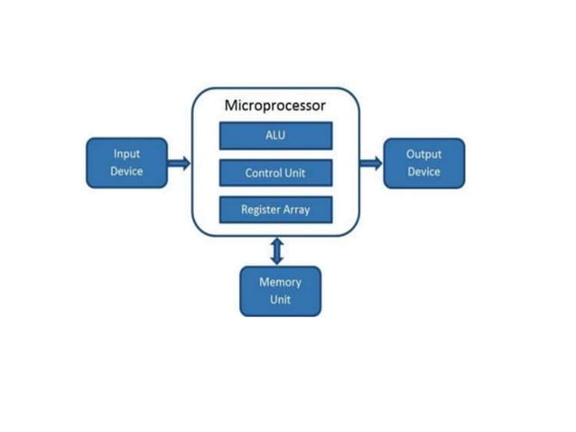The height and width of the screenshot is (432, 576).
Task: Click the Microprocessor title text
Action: tap(275, 106)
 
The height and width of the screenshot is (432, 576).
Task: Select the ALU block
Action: tap(275, 136)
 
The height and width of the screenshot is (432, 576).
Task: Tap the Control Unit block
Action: tap(275, 173)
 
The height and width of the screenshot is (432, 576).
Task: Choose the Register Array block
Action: tap(275, 210)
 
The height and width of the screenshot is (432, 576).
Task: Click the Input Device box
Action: tap(126, 163)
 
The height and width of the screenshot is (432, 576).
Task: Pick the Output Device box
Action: tap(423, 163)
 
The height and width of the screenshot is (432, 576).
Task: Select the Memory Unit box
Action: tap(280, 290)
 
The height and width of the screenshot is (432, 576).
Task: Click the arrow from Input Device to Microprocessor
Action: tap(179, 163)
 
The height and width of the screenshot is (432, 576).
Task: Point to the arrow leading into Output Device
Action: tap(370, 163)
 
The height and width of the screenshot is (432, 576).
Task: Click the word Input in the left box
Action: tap(126, 154)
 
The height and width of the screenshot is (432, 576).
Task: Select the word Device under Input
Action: tap(126, 172)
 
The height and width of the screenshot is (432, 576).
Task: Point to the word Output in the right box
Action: tap(423, 154)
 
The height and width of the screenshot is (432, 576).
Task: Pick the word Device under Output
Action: tap(423, 172)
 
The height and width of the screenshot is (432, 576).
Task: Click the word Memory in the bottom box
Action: tap(280, 281)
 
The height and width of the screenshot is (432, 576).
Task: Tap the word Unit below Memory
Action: tap(280, 300)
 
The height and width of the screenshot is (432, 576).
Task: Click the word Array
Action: tap(298, 210)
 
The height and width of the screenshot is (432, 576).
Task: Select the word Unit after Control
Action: tap(296, 173)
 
